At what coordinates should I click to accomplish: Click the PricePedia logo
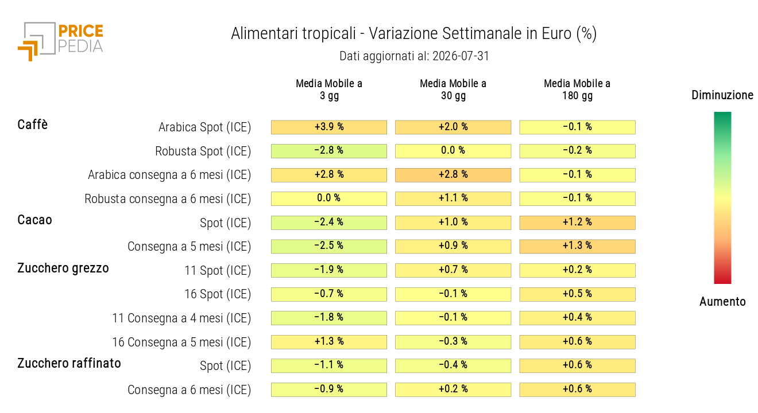60,41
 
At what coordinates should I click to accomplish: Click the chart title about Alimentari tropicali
413,34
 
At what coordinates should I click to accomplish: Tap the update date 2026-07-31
461,56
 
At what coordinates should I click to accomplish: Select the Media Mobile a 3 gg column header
329,89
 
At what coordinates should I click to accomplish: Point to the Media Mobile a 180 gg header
577,89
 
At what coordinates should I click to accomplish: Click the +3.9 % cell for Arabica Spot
329,127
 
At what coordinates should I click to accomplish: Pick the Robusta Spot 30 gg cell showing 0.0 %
453,151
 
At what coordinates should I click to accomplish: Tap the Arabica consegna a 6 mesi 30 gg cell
453,175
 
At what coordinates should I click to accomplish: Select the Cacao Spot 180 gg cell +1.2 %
577,223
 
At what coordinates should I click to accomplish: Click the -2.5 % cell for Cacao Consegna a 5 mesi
329,247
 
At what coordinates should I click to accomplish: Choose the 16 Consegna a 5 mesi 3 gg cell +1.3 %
329,342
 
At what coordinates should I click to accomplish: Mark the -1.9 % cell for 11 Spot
329,270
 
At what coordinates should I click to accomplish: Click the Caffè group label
33,124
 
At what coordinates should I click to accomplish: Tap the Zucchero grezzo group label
63,268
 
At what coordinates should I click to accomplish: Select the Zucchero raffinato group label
69,363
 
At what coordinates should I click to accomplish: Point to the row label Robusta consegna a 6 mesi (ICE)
168,198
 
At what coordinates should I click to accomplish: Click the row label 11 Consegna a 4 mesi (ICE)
181,318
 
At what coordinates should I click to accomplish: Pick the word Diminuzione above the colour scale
722,95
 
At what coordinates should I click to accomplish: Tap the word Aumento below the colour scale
722,302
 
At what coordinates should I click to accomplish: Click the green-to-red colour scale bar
722,198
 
